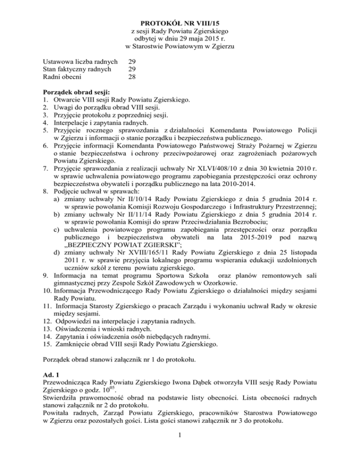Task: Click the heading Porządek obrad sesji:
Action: point(77,92)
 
